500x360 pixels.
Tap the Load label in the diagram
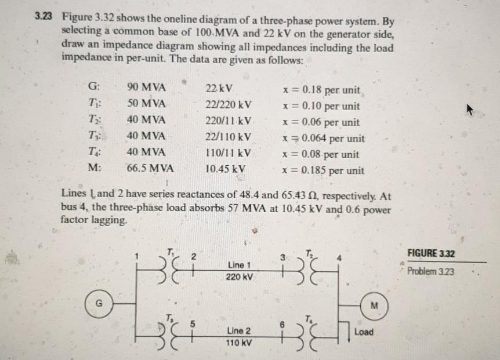point(364,332)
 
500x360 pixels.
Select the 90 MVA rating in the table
point(146,88)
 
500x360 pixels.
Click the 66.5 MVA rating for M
point(149,170)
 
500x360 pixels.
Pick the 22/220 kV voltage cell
point(229,105)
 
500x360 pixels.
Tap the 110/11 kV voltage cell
point(229,154)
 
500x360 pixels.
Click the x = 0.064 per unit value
point(323,138)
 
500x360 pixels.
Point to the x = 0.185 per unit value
point(323,170)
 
